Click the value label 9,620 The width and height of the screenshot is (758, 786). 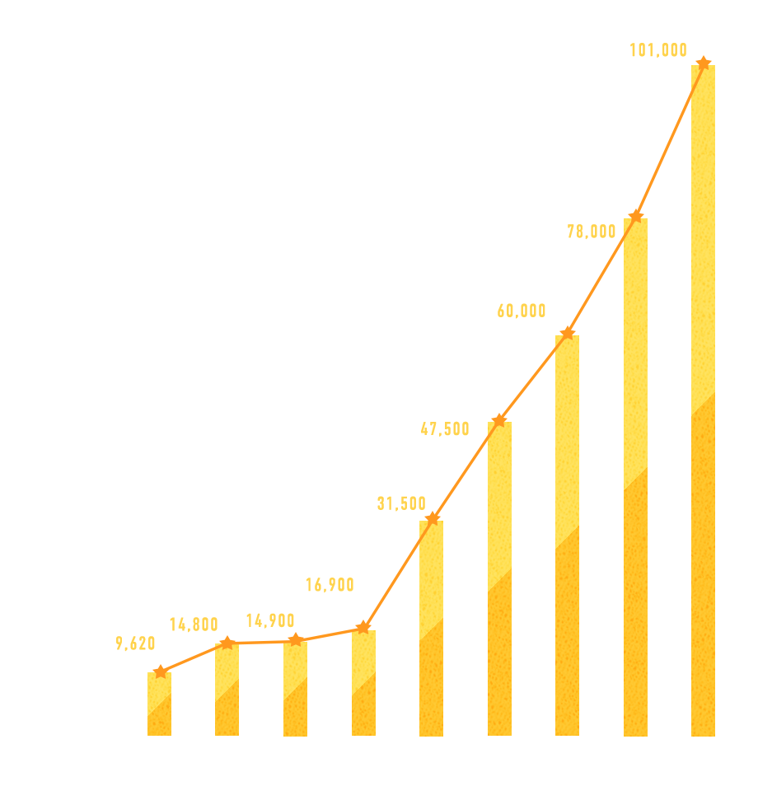(136, 643)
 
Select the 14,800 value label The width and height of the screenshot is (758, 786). (194, 625)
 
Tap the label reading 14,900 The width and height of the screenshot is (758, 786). (270, 620)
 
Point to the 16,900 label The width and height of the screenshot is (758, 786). (330, 585)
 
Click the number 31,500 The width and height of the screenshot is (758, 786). (401, 503)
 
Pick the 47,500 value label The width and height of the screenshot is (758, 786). (445, 428)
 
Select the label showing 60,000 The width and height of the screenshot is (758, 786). (522, 311)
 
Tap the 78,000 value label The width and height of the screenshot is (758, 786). (592, 232)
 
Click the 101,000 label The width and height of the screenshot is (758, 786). (658, 50)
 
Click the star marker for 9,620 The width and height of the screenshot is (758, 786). (160, 671)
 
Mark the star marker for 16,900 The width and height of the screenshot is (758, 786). (363, 628)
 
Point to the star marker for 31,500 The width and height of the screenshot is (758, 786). (432, 518)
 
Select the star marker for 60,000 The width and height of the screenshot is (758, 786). (567, 333)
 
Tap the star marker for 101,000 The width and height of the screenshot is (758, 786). (703, 63)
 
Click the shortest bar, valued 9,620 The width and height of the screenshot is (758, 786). (160, 704)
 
